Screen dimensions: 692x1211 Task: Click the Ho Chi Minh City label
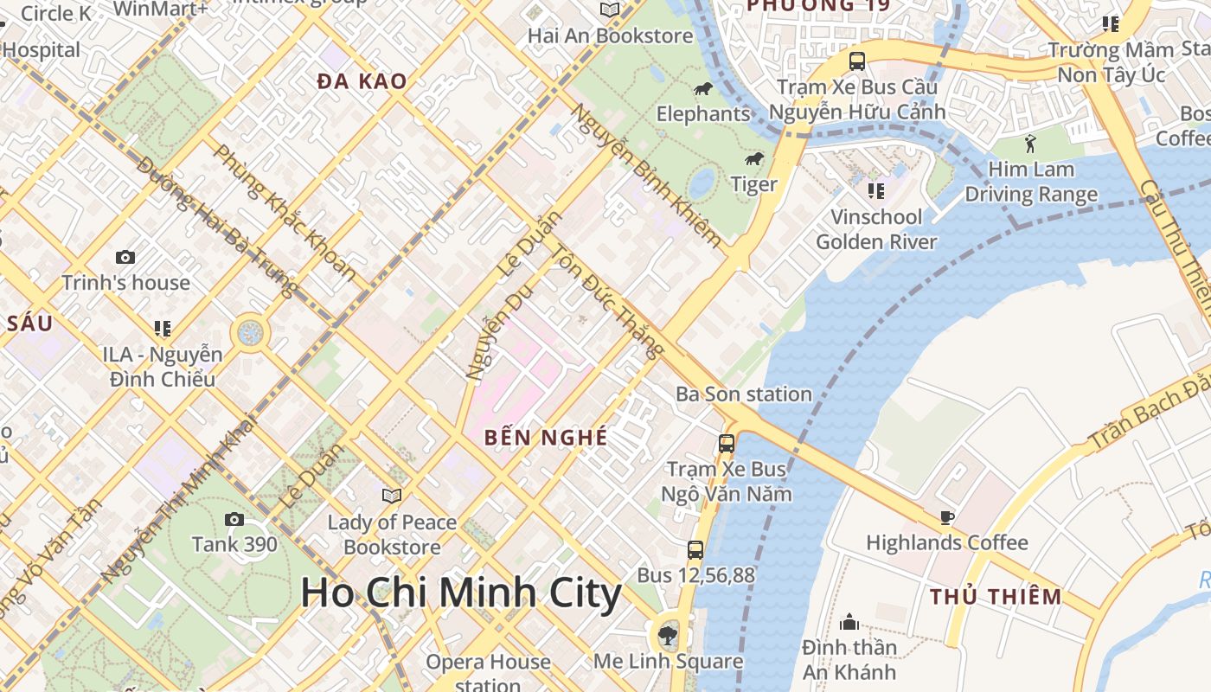click(461, 593)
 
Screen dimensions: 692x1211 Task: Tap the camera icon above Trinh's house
click(125, 257)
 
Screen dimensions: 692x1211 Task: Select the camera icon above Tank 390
click(234, 519)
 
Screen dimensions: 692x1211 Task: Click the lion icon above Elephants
click(703, 89)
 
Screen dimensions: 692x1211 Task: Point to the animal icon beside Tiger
click(754, 159)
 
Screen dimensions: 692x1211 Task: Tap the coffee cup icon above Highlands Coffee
click(947, 517)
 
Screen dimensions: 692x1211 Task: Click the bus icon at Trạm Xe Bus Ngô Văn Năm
click(727, 444)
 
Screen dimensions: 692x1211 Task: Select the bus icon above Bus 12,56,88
click(695, 549)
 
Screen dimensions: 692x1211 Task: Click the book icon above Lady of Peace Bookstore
click(392, 496)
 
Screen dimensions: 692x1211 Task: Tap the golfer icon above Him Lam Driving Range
click(1029, 143)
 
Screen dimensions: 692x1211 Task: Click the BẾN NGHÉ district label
click(546, 437)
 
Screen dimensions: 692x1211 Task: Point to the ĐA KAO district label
click(362, 81)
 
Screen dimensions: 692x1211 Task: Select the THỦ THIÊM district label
click(996, 596)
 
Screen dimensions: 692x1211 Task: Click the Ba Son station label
click(744, 394)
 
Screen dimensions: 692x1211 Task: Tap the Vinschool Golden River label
click(876, 228)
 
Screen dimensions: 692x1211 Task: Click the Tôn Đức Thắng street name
click(609, 303)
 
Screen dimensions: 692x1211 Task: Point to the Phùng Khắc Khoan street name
click(284, 213)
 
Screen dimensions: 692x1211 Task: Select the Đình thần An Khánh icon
click(849, 622)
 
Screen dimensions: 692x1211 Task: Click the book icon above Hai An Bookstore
click(610, 10)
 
